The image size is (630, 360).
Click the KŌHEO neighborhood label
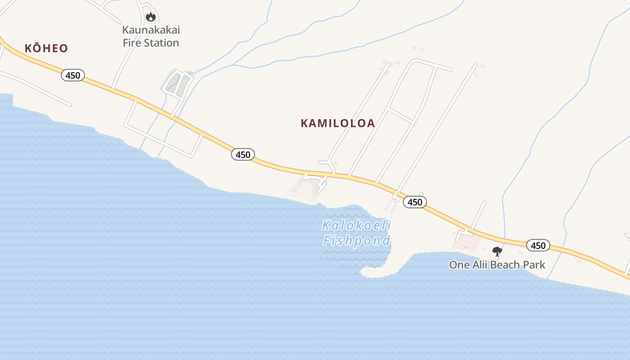pyautogui.click(x=46, y=48)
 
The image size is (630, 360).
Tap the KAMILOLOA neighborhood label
pyautogui.click(x=337, y=123)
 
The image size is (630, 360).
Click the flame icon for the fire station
pyautogui.click(x=150, y=17)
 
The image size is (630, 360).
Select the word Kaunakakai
pyautogui.click(x=151, y=30)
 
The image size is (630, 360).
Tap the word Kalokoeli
pyautogui.click(x=356, y=225)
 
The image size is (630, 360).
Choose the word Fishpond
pyautogui.click(x=356, y=241)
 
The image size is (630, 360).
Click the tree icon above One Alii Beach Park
pyautogui.click(x=497, y=251)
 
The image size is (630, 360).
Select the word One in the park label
pyautogui.click(x=459, y=265)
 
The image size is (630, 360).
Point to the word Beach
pyautogui.click(x=507, y=265)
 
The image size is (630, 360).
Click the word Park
pyautogui.click(x=535, y=265)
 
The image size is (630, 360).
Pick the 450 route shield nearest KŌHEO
pyautogui.click(x=73, y=75)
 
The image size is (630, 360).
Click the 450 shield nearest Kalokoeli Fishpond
pyautogui.click(x=414, y=202)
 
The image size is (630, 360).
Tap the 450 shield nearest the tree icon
pyautogui.click(x=538, y=245)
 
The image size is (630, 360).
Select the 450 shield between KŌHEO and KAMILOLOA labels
pyautogui.click(x=243, y=154)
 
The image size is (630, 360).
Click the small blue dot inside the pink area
pyautogui.click(x=466, y=247)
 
